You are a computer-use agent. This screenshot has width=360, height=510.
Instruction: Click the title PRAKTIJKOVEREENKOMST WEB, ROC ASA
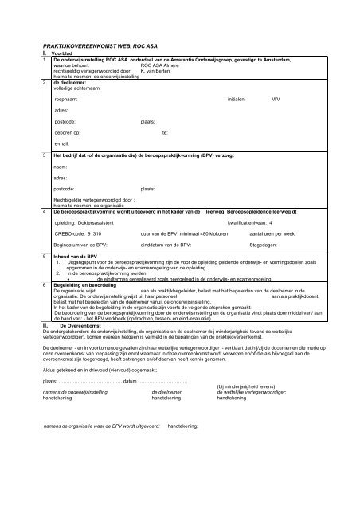[98, 49]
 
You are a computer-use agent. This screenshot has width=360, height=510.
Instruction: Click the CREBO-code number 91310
[96, 235]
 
